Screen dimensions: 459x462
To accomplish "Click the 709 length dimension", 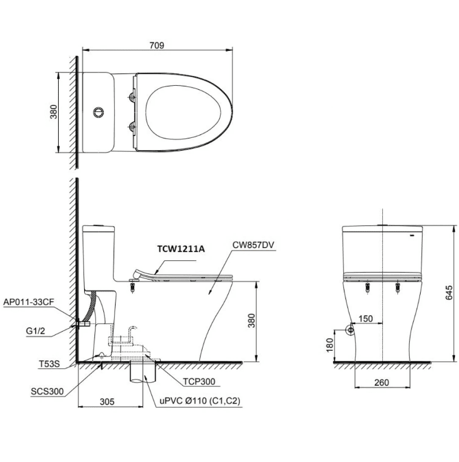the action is pos(157,45).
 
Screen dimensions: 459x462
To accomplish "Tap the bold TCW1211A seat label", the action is pos(181,249).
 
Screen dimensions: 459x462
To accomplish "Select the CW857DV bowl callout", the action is pos(253,245).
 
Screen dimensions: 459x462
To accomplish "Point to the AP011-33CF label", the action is pos(29,302).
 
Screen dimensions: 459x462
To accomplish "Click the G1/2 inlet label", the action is pos(36,331).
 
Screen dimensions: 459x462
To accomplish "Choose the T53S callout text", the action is pos(50,364).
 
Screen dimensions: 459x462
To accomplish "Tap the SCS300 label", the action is pos(47,391).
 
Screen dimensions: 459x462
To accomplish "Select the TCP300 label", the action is pos(199,382).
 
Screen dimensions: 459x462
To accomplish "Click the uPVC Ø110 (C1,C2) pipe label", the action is pos(200,401).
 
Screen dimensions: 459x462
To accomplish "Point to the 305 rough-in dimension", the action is pos(107,402).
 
